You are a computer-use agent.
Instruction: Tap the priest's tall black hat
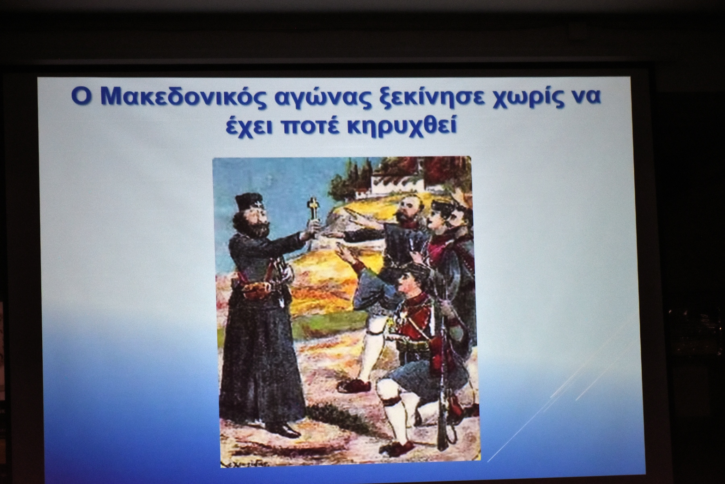pos(246,202)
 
